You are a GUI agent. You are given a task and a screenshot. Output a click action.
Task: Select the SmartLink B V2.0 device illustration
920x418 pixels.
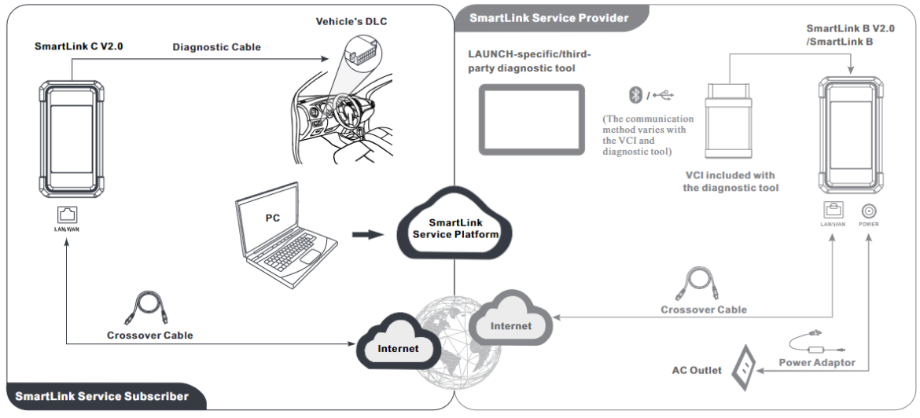pyautogui.click(x=849, y=134)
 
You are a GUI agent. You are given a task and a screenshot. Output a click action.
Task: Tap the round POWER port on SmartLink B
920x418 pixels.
pyautogui.click(x=869, y=210)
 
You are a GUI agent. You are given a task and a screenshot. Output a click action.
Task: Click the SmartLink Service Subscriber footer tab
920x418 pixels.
pyautogui.click(x=101, y=396)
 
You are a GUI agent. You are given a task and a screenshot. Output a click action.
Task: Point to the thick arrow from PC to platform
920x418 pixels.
pyautogui.click(x=367, y=233)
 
